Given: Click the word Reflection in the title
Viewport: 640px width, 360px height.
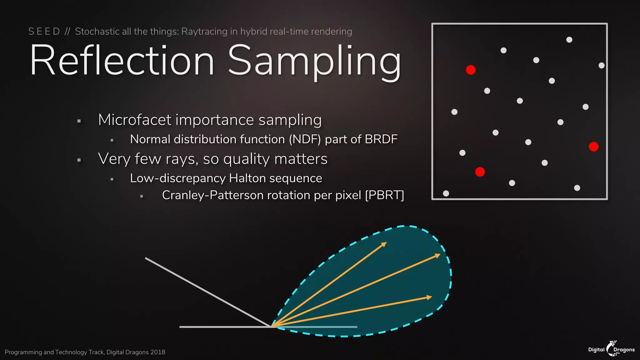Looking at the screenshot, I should [x=122, y=60].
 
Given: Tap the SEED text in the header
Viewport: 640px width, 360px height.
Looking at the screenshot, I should [x=44, y=32].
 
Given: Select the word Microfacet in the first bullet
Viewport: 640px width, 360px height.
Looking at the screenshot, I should [x=135, y=120].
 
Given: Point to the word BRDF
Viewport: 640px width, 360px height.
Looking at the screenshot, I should [x=381, y=139].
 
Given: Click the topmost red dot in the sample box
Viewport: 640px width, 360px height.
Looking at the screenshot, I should [x=471, y=70].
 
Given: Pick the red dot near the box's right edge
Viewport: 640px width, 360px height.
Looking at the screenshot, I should [x=593, y=147].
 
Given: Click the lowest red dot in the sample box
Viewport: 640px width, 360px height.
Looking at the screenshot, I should [x=480, y=172].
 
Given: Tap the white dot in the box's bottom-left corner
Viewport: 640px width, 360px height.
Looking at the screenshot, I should [x=446, y=193].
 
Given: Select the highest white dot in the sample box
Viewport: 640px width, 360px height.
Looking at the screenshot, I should [x=569, y=40].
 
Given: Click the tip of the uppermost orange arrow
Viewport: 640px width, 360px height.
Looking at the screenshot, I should [x=386, y=242].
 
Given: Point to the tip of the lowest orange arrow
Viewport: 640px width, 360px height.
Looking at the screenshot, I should [x=432, y=297].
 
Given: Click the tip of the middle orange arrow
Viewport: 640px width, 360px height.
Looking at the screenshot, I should [x=440, y=255].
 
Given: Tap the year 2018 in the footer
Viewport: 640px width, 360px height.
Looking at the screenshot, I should [x=157, y=352].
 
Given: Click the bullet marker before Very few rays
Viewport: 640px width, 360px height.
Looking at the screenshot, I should [x=79, y=160].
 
